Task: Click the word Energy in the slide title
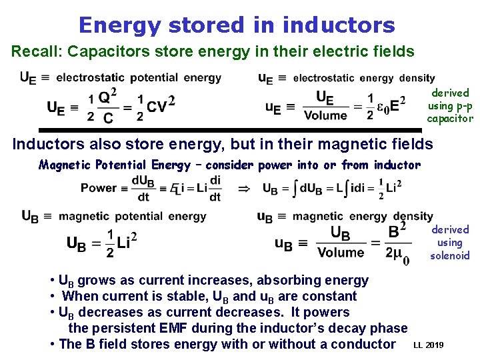tap(119, 25)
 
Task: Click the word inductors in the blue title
tap(339, 25)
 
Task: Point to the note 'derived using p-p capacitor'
tap(450, 105)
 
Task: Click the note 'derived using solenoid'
tap(450, 242)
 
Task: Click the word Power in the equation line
tap(99, 188)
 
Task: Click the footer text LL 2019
tap(428, 345)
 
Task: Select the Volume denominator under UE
tap(325, 115)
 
